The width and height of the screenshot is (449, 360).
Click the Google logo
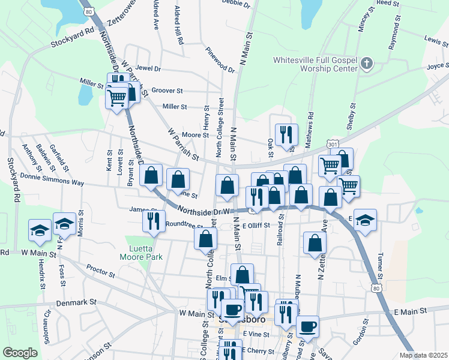point(20,352)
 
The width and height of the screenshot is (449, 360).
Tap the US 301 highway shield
point(333,144)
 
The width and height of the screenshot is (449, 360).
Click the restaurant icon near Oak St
point(285,134)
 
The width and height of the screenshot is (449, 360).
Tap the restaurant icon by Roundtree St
point(154,221)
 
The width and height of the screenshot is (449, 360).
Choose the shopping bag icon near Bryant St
point(151,175)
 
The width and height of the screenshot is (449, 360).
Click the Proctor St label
point(100,271)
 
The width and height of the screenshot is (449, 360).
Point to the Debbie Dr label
point(235,4)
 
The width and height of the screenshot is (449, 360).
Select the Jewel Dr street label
point(149,69)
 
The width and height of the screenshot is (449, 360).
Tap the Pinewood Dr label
point(220,60)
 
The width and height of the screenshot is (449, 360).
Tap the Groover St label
point(167,91)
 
